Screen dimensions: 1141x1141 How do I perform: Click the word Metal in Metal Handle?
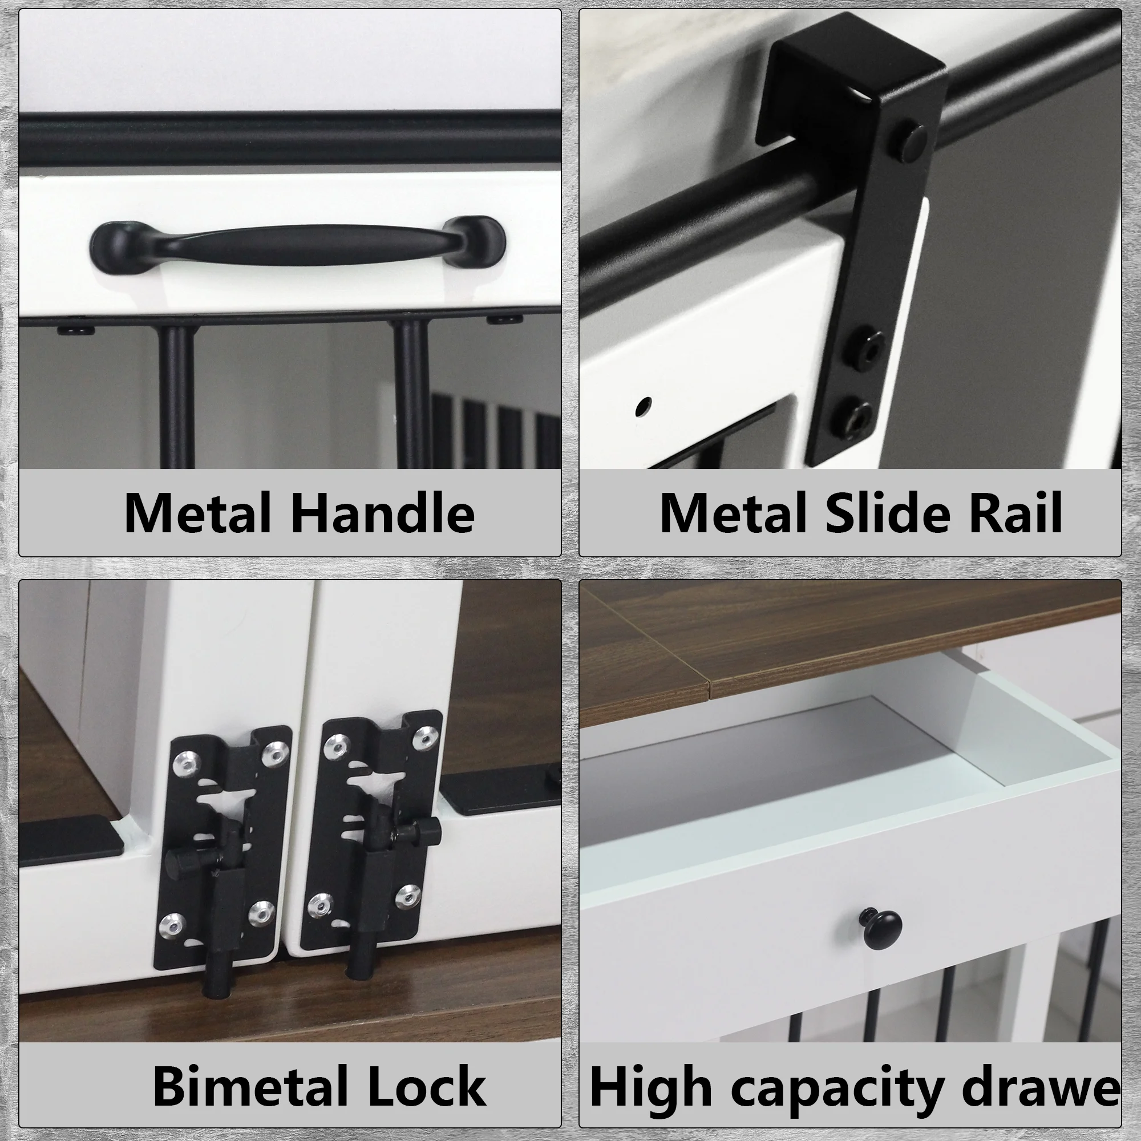point(197,513)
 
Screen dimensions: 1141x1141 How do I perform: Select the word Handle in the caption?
point(383,513)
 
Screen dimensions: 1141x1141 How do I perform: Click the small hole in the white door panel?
point(644,407)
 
